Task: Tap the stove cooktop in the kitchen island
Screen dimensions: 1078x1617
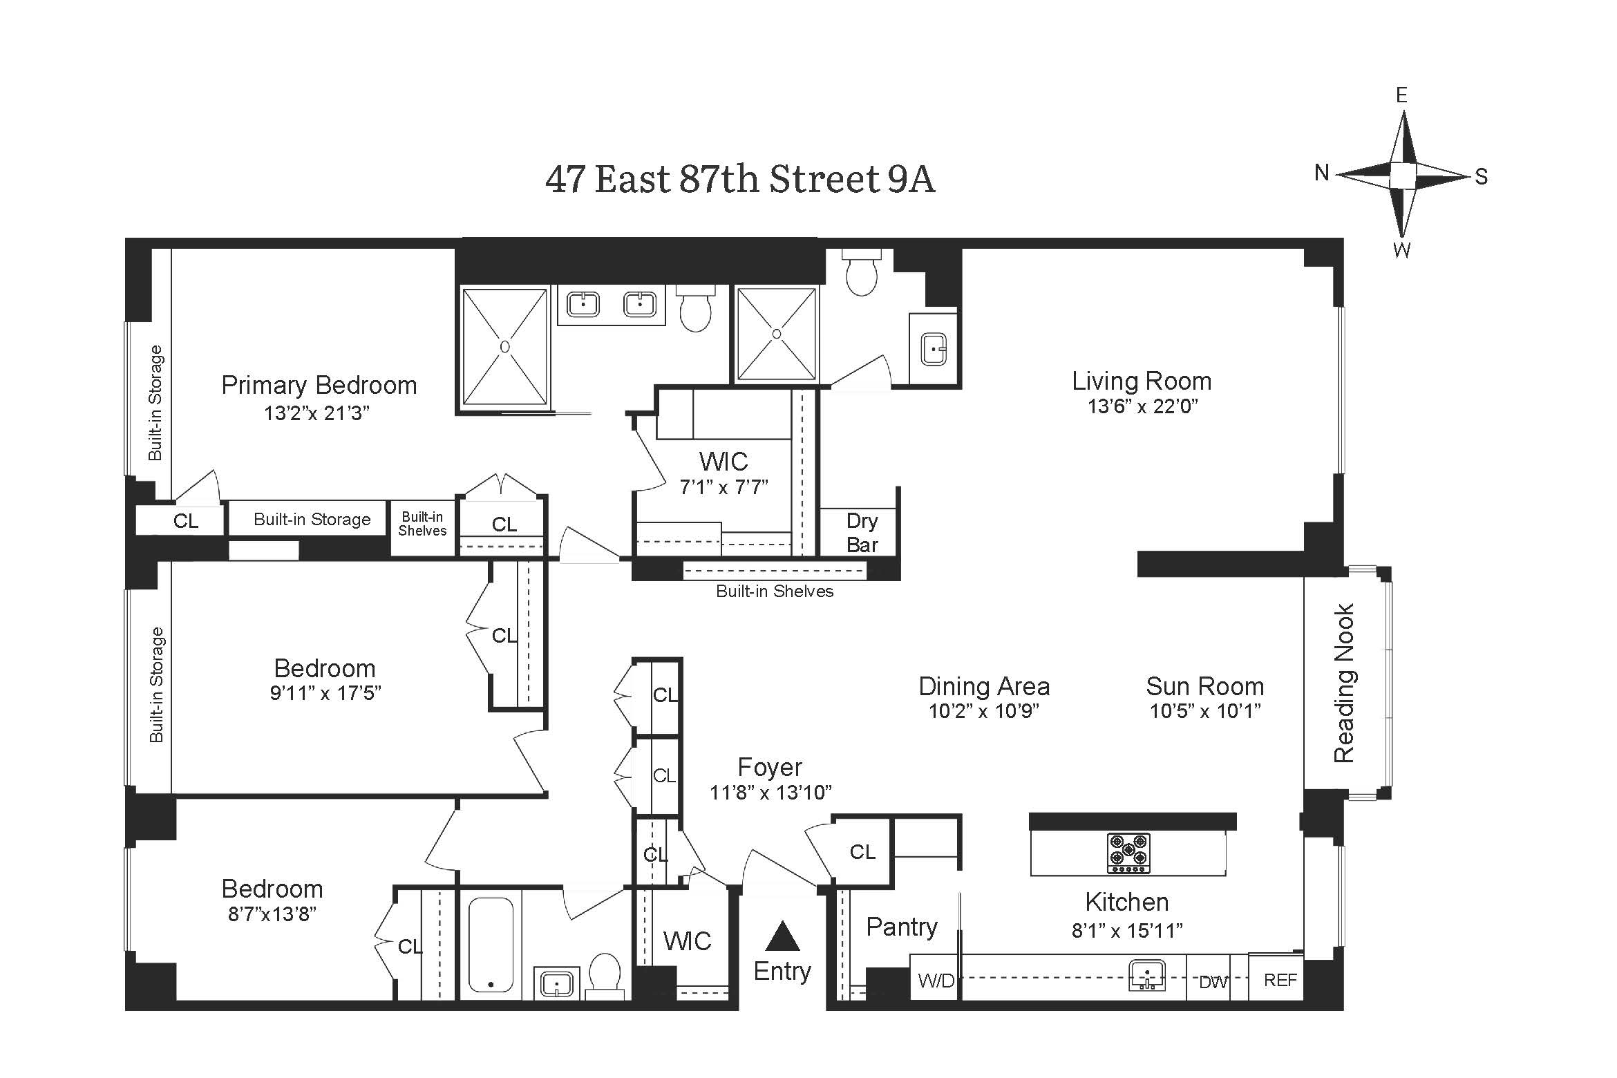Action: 1128,853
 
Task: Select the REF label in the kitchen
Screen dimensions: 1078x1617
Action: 1280,980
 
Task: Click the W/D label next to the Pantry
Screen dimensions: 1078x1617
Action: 936,981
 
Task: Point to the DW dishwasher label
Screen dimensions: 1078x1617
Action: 1213,982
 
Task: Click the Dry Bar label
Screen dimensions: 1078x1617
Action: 862,533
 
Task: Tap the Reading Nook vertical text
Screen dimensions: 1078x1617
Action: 1344,683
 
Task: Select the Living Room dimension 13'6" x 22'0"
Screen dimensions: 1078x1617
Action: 1142,406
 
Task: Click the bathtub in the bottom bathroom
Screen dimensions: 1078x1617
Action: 491,944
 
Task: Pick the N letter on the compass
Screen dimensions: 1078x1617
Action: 1322,173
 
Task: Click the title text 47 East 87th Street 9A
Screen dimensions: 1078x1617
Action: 739,180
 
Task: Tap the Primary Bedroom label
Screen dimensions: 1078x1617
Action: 319,385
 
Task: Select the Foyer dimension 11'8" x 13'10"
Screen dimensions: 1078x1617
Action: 770,793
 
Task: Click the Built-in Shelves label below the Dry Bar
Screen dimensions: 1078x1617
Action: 775,592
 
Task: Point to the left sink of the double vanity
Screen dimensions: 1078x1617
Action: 583,304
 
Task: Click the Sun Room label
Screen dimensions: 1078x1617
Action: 1204,686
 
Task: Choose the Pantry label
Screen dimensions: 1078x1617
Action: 901,927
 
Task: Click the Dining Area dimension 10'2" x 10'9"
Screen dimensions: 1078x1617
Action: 983,711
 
